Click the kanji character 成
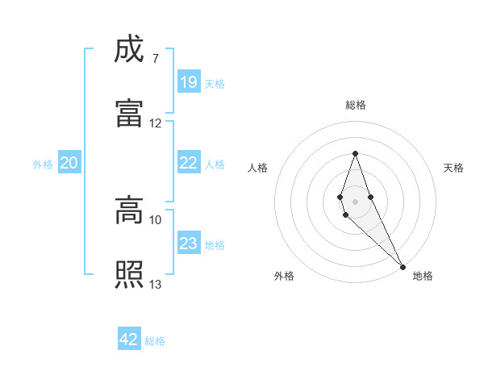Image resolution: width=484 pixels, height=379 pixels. (x=129, y=50)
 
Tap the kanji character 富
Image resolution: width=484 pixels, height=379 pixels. (x=129, y=113)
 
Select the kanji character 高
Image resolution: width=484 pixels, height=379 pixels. (x=129, y=211)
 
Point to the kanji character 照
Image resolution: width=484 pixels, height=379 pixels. (x=129, y=274)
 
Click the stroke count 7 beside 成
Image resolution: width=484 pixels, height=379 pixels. (x=155, y=58)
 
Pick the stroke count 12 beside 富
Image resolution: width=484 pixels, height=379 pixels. (x=156, y=123)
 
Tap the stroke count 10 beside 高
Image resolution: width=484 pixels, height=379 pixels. (x=156, y=219)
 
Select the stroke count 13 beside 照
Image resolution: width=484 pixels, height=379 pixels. (x=156, y=284)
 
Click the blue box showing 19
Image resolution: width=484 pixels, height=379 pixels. (x=189, y=81)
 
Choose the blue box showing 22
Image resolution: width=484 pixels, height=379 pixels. (x=189, y=163)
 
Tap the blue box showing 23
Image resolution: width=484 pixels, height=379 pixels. (x=189, y=244)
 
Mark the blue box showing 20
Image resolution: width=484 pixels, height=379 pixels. (x=69, y=163)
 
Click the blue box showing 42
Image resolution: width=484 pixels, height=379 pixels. (x=129, y=339)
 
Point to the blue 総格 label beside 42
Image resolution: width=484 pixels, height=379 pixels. (x=156, y=341)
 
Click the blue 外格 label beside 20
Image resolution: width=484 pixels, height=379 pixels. (x=43, y=165)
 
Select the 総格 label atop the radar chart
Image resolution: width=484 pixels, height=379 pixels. (x=356, y=105)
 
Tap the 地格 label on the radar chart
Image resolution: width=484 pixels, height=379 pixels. (x=423, y=276)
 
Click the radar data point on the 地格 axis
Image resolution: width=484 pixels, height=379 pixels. (x=403, y=266)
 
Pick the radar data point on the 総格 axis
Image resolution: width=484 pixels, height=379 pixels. (x=355, y=153)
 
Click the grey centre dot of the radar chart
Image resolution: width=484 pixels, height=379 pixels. (x=355, y=201)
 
